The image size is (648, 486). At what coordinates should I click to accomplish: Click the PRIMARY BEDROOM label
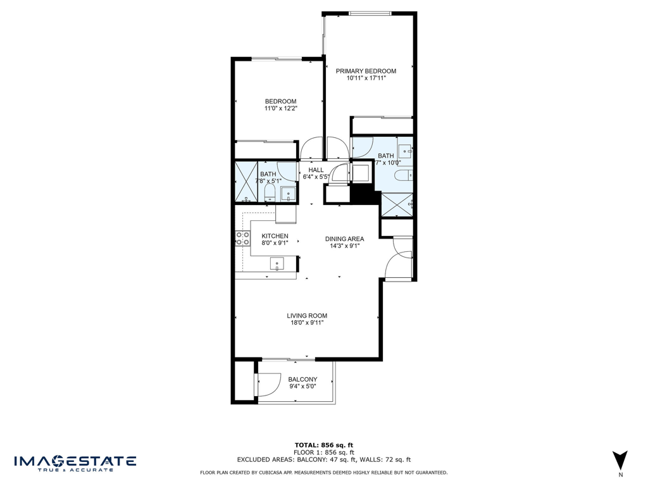[366, 71]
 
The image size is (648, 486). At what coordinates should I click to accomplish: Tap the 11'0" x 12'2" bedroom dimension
[280, 109]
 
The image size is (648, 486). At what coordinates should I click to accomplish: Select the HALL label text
[316, 170]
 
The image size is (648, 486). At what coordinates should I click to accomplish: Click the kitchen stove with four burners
[242, 238]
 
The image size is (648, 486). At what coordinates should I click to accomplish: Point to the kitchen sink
[277, 263]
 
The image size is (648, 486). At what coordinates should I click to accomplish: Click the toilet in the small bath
[270, 192]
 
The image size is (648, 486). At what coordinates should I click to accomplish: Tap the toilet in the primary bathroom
[402, 175]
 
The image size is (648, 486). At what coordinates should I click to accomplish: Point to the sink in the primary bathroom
[405, 150]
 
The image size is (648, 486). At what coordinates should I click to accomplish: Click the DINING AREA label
[344, 239]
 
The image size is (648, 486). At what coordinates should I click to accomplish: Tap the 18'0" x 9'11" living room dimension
[306, 323]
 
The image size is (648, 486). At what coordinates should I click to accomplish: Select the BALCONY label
[302, 380]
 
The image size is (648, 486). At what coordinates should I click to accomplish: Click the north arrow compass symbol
[620, 460]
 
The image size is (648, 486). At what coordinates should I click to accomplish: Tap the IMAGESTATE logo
[75, 462]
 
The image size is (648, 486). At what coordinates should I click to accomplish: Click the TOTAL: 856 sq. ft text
[323, 445]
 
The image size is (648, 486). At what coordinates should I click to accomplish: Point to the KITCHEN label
[275, 236]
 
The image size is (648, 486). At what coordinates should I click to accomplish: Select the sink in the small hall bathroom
[289, 194]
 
